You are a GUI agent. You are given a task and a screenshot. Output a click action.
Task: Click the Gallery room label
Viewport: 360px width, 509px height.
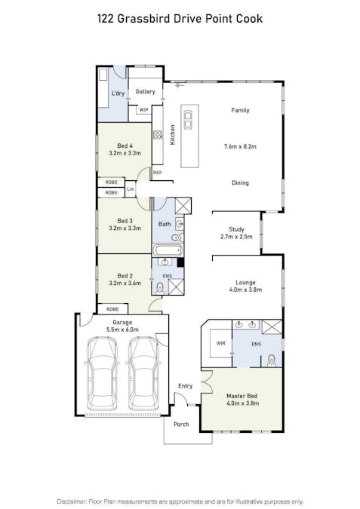pos(145,92)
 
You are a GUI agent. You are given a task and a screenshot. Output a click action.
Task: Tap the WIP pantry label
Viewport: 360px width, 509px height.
pos(143,110)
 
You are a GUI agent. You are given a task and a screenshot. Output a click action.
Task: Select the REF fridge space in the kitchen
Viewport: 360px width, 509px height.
pos(157,173)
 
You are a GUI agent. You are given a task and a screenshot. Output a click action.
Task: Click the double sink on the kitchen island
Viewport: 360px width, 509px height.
pos(188,120)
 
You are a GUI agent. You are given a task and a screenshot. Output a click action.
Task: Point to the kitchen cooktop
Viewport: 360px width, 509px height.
pos(158,135)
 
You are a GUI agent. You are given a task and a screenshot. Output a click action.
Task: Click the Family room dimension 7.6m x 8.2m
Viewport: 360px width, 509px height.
pos(240,147)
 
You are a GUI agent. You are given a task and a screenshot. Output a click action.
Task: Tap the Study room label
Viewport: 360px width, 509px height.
pos(236,229)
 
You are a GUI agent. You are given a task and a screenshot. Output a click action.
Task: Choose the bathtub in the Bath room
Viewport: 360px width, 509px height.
pos(168,250)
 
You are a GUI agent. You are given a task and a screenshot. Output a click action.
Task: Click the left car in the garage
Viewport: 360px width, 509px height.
pos(102,373)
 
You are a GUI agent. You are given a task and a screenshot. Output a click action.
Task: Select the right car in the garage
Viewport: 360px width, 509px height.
pos(144,373)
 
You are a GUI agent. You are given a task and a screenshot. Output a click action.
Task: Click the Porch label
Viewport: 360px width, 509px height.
pos(181,425)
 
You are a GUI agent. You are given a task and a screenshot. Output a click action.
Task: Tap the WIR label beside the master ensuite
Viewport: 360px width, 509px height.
pos(220,343)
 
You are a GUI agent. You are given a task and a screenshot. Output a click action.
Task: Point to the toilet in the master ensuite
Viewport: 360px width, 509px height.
pos(271,361)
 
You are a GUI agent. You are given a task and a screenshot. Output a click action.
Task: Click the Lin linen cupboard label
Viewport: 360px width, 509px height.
pos(131,189)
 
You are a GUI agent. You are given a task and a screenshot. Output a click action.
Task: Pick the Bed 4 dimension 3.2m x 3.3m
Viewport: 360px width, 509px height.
pos(125,153)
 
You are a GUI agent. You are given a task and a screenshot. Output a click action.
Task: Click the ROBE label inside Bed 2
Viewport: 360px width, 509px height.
pos(112,309)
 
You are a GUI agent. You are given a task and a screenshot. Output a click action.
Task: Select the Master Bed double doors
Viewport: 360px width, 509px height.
pos(206,382)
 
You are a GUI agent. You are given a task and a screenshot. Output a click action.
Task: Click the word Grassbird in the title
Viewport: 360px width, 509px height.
pos(143,19)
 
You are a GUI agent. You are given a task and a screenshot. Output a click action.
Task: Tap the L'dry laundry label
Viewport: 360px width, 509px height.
pos(118,94)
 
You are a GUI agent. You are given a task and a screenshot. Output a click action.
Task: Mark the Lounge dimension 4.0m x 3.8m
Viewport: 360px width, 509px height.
pos(245,290)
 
